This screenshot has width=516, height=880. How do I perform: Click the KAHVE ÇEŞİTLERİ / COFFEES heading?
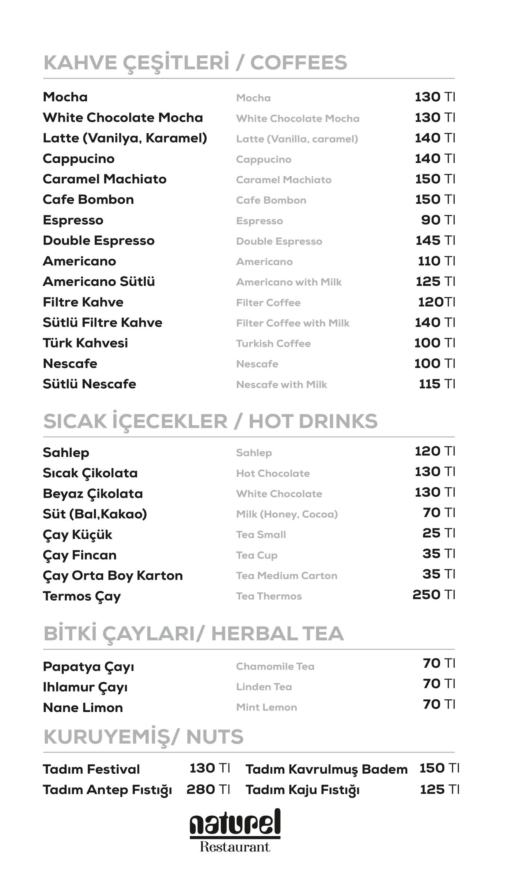click(x=195, y=62)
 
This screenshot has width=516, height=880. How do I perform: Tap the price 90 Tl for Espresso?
click(x=438, y=220)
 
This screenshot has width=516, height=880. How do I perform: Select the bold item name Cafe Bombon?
click(x=88, y=200)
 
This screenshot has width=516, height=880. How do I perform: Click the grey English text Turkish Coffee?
click(x=273, y=343)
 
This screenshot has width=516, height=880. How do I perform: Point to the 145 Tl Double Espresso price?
click(x=435, y=240)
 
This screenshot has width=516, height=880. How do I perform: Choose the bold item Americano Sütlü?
click(x=99, y=282)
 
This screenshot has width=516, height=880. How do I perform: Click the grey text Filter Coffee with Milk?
click(x=292, y=323)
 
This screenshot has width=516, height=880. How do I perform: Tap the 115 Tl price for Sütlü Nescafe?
click(x=437, y=384)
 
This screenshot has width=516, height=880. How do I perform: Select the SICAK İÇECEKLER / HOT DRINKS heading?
click(x=210, y=421)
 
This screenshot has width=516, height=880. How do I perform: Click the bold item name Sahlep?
click(x=66, y=452)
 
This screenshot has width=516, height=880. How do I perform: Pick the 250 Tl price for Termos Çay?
click(x=434, y=595)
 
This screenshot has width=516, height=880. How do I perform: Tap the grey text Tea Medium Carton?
click(x=286, y=576)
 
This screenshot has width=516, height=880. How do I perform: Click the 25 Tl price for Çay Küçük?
click(x=439, y=533)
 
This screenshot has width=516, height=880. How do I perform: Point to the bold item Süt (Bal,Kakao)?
click(x=95, y=514)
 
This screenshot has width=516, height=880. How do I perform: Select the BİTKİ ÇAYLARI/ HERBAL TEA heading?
click(x=193, y=633)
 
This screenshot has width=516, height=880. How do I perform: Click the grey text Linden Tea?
click(x=264, y=687)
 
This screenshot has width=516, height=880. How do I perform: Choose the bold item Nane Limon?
click(x=83, y=707)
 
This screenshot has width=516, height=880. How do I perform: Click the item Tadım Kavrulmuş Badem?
click(x=326, y=769)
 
